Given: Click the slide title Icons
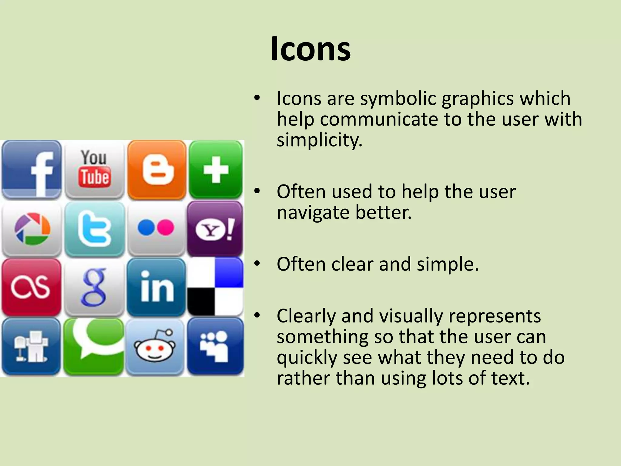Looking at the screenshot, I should click(310, 49).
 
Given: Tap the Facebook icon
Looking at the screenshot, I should click(32, 169).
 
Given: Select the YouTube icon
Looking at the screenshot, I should click(94, 169).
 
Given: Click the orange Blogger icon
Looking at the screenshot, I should click(157, 169).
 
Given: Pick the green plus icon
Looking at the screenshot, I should click(216, 169).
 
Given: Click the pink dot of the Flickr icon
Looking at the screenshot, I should click(166, 228).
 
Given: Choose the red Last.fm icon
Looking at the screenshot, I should click(31, 287).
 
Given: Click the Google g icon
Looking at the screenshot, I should click(94, 287).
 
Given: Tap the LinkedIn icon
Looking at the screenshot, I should click(156, 287).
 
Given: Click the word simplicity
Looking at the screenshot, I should click(319, 140).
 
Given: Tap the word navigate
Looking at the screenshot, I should click(313, 212).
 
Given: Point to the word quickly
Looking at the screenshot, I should click(307, 357).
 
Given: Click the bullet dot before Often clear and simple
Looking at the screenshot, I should click(257, 263).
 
